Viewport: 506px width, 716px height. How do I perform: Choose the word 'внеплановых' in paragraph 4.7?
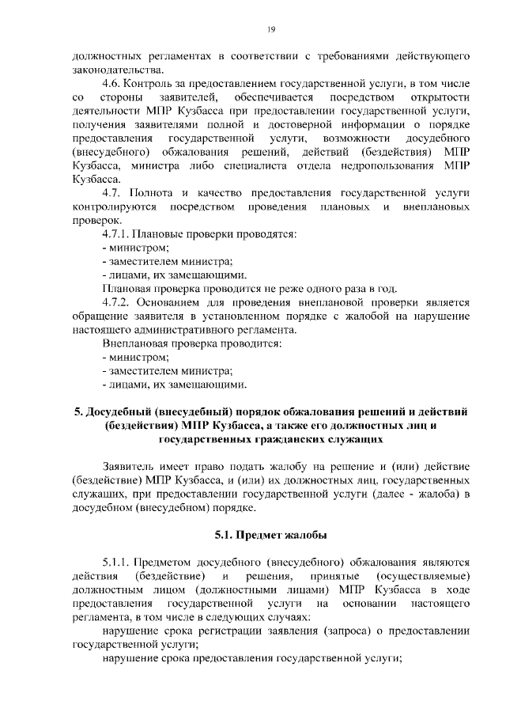438,206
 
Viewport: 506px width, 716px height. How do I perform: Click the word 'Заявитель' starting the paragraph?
134,467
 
